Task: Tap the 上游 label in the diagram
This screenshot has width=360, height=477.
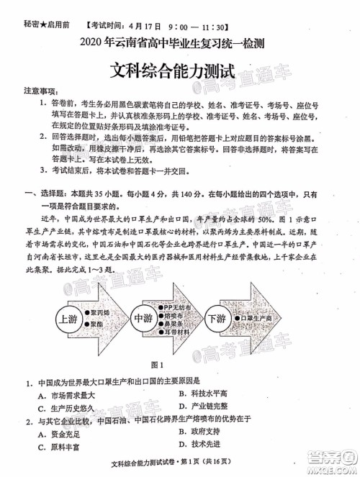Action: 68,298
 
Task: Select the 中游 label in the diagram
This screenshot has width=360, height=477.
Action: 142,299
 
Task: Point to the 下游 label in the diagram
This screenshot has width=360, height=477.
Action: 215,299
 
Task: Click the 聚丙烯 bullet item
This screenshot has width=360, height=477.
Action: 102,293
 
